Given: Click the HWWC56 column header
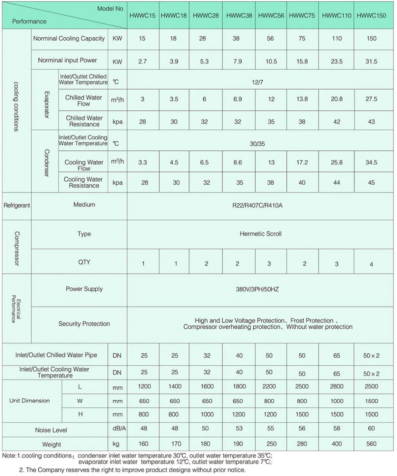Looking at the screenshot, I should pos(270,16).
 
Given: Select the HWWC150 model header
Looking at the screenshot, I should pos(371,16).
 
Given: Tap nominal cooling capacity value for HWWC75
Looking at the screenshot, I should pos(302,39).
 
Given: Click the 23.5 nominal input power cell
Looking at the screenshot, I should pos(336,62).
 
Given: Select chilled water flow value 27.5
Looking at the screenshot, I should pos(371,99).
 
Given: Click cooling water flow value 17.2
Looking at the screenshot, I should pos(302,163).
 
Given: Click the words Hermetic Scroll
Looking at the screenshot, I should pos(260,234).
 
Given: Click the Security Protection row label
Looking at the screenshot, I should pos(84,324).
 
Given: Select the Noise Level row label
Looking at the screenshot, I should pos(51,430).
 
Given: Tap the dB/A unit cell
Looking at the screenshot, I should pos(117,428).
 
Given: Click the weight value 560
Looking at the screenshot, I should pos(371,444).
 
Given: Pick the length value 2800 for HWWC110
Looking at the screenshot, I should pos(336,386).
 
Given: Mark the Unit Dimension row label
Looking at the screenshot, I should pos(29,401).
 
